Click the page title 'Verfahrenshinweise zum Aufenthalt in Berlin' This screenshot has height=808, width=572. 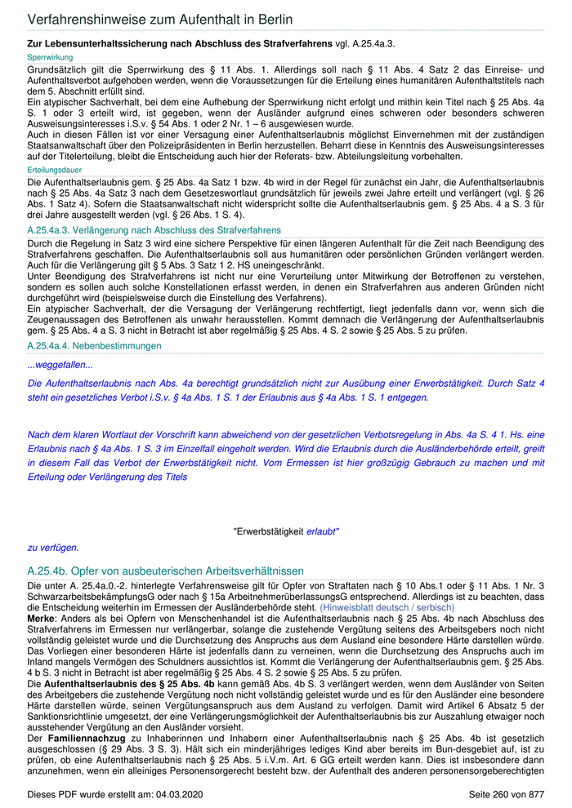(x=160, y=19)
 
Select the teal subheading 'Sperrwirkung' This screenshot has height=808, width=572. (x=50, y=59)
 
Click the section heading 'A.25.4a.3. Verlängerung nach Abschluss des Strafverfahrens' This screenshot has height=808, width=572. (x=154, y=231)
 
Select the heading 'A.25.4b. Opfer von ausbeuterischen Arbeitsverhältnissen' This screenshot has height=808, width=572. (x=165, y=570)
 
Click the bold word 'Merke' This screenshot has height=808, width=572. (x=42, y=619)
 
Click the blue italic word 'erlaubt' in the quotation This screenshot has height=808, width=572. (x=323, y=531)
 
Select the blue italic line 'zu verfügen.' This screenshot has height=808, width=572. (x=53, y=548)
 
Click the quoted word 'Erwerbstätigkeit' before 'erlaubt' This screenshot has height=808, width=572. (x=269, y=531)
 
